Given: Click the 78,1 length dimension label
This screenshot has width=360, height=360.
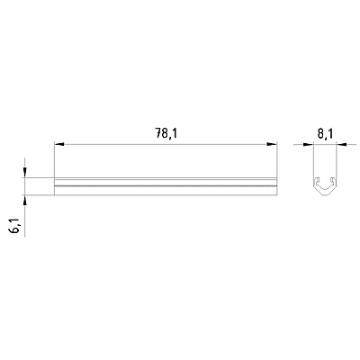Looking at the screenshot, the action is click(x=166, y=133).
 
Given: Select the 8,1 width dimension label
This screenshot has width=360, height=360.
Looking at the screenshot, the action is click(x=325, y=133).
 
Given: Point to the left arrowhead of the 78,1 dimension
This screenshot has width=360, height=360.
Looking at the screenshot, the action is click(x=58, y=144).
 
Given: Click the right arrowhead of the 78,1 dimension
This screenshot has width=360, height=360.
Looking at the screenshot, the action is click(x=272, y=144).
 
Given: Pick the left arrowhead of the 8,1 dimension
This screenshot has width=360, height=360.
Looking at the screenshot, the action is click(x=308, y=145).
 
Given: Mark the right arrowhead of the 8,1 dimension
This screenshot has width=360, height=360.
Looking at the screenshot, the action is click(x=341, y=145).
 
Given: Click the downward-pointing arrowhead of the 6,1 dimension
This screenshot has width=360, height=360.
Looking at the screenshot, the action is click(x=24, y=173).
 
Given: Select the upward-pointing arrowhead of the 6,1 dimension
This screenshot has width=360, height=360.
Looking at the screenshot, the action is click(x=24, y=200).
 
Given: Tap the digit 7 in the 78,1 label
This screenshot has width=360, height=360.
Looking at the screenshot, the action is click(x=158, y=133).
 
